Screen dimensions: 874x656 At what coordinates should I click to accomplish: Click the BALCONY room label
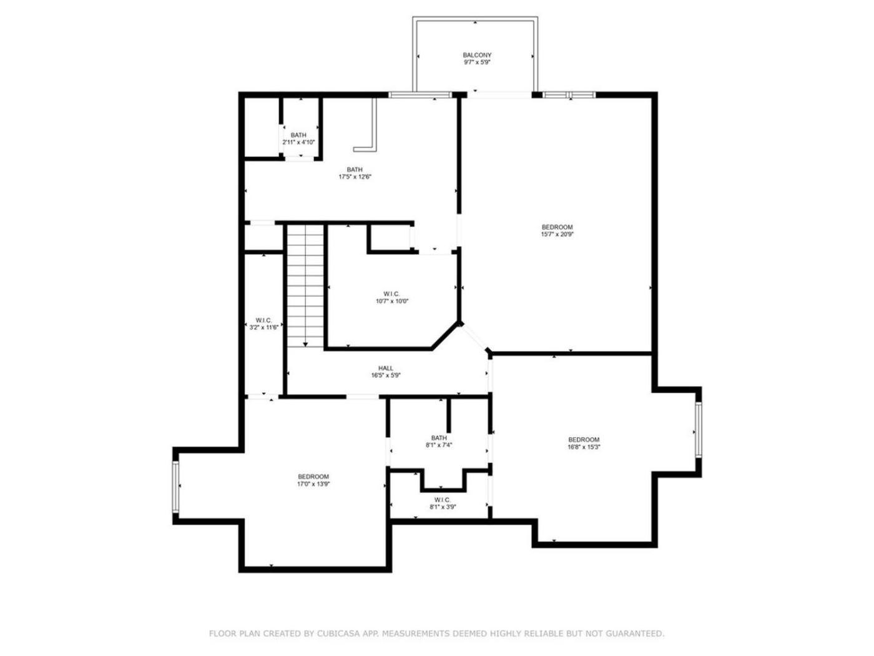coord(476,55)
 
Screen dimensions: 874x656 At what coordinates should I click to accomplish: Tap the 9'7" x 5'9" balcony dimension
coord(476,62)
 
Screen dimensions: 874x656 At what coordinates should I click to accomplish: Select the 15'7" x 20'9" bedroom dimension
coord(557,234)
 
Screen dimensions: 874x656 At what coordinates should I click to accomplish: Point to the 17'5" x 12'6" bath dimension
coord(355,177)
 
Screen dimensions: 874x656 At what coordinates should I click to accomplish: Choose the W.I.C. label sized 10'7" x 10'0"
coord(392,294)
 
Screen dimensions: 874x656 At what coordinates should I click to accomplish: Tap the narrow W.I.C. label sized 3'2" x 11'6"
coord(263,320)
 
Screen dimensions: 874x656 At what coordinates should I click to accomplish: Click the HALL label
coord(386,368)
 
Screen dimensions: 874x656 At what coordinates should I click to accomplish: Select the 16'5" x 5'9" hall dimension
coord(386,375)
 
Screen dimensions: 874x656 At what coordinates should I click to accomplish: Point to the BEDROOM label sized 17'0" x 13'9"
coord(313,477)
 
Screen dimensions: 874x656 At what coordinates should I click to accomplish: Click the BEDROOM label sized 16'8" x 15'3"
coord(584,440)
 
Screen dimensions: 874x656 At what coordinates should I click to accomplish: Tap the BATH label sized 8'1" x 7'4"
coord(439,438)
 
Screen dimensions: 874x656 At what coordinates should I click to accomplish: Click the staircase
coord(305,285)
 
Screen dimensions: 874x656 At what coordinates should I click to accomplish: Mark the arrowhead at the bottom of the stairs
coord(305,344)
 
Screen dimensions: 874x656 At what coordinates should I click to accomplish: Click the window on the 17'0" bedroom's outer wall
coord(175,487)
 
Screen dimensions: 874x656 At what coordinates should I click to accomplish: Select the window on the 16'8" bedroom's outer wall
coord(699,429)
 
